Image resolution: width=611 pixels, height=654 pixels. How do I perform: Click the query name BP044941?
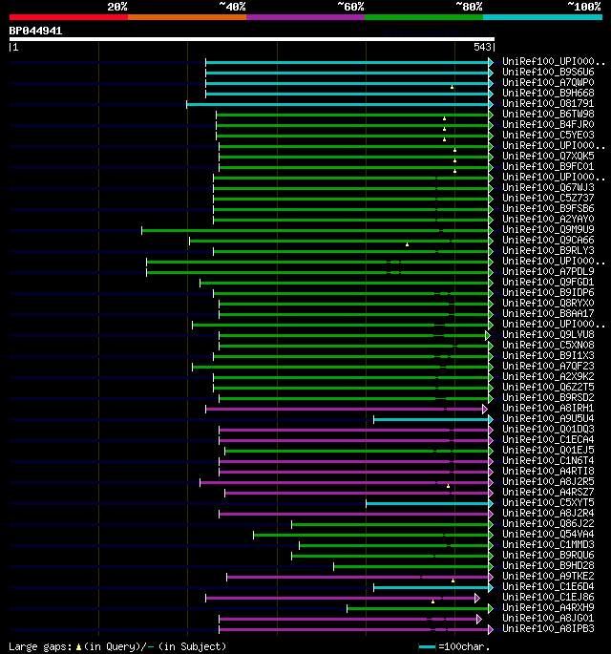click(x=35, y=31)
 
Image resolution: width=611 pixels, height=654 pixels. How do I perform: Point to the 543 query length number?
click(x=481, y=47)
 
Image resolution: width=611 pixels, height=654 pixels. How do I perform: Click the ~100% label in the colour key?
click(x=583, y=6)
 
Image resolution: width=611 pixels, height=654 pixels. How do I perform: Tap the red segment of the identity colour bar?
click(x=68, y=16)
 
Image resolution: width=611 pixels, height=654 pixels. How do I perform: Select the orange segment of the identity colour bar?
click(x=186, y=16)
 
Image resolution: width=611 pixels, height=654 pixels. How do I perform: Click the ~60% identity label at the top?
click(x=350, y=6)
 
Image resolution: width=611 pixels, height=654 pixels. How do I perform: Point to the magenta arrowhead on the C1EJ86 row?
click(x=477, y=598)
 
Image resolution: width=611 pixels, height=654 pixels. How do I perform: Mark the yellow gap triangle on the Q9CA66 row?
click(x=407, y=244)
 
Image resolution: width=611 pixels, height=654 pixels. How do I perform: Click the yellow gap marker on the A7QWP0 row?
click(x=453, y=87)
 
